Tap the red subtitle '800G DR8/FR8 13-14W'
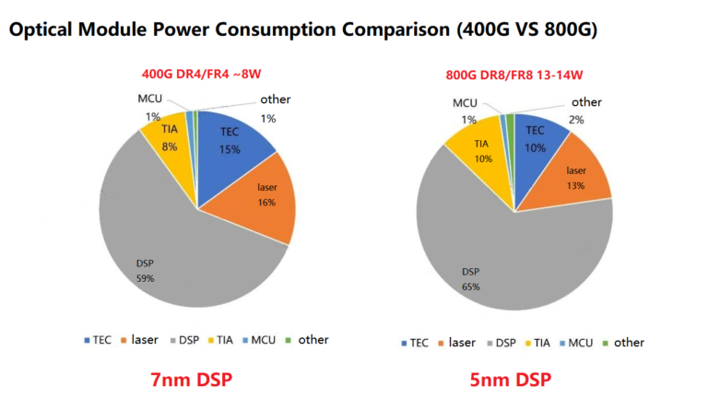coord(514,76)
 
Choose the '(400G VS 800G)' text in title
coord(520,30)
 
